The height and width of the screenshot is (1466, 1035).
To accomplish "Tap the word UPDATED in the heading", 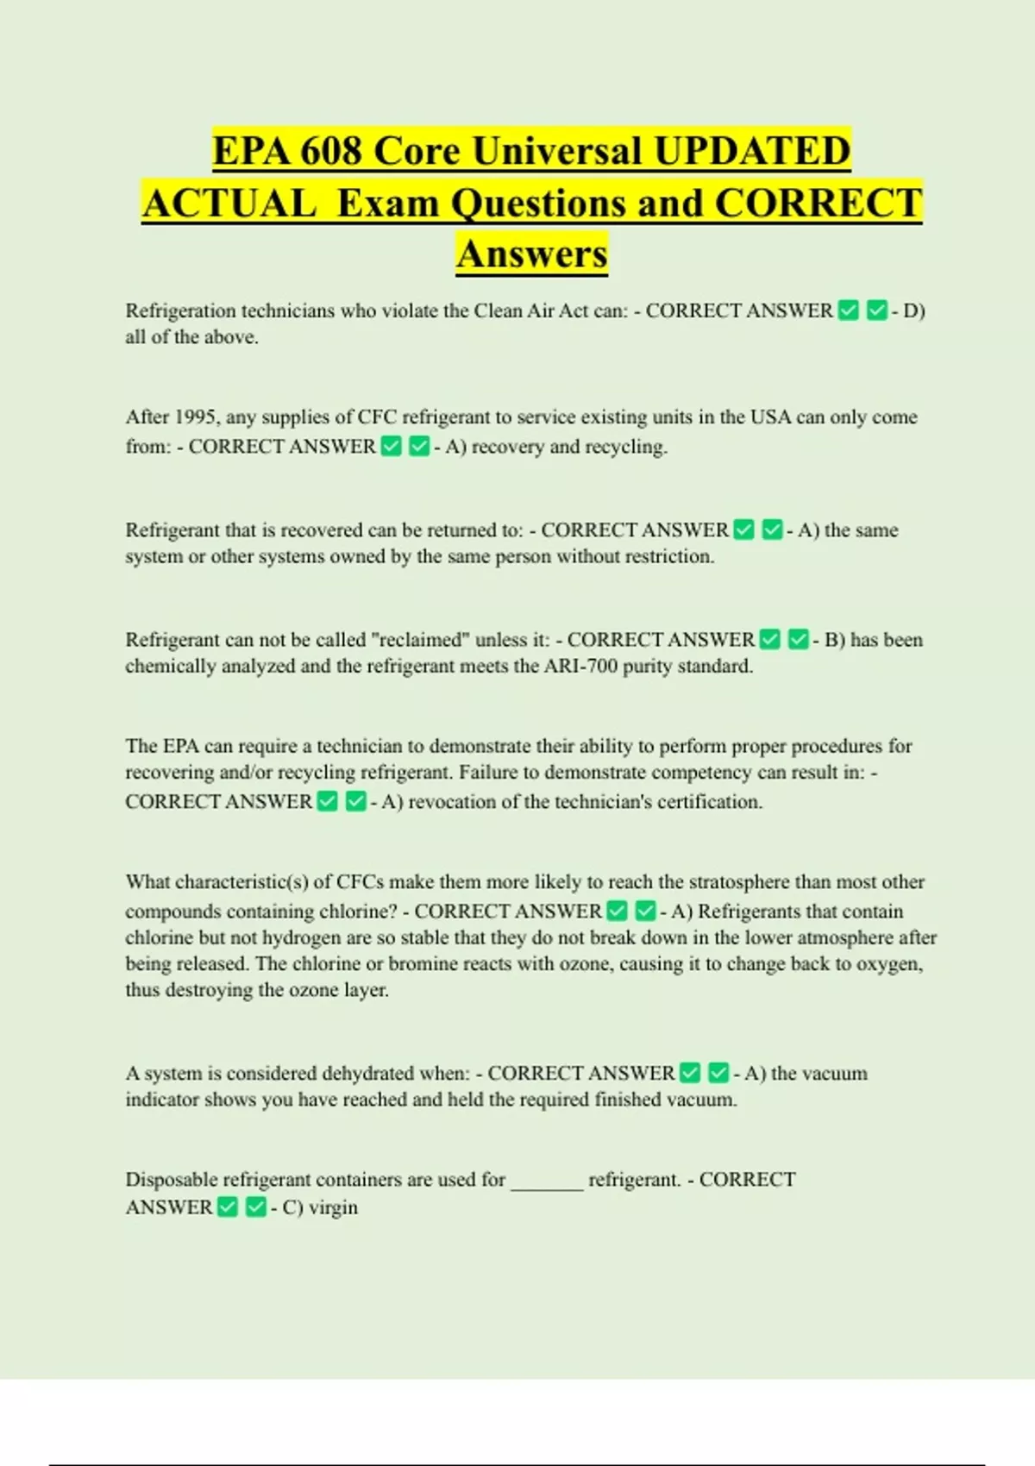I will point(752,151).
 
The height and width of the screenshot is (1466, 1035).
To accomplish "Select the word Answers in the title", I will point(532,254).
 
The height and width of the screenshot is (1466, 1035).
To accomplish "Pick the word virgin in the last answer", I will point(333,1207).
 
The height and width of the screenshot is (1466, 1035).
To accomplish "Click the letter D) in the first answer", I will point(913,311).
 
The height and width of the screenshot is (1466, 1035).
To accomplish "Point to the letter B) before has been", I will point(835,640).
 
